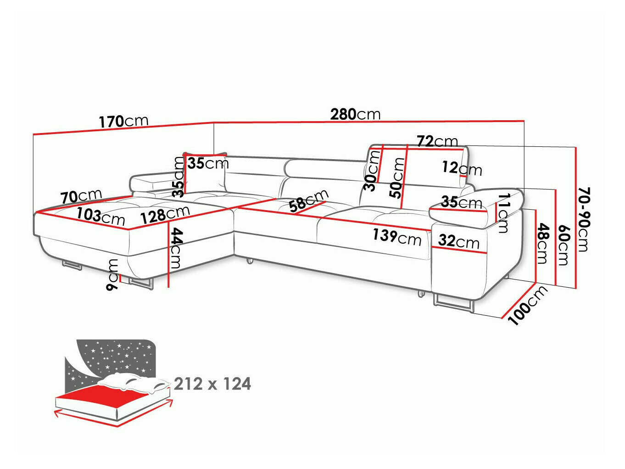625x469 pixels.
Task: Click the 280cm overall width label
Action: (355, 114)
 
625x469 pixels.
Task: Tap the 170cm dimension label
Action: (123, 121)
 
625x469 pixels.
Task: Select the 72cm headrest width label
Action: (437, 141)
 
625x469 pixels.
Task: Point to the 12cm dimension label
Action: (462, 168)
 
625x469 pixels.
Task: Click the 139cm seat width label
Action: (396, 237)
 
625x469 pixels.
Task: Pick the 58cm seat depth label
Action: (309, 201)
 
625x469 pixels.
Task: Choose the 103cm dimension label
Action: (100, 215)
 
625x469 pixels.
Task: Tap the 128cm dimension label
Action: (165, 214)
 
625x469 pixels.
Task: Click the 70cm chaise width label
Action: (81, 196)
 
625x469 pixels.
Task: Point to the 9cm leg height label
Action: (112, 274)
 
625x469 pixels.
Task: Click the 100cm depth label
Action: (528, 305)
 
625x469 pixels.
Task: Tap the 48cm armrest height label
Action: (542, 243)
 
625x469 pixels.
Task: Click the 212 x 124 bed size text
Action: (212, 384)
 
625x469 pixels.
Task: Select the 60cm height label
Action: (563, 246)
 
